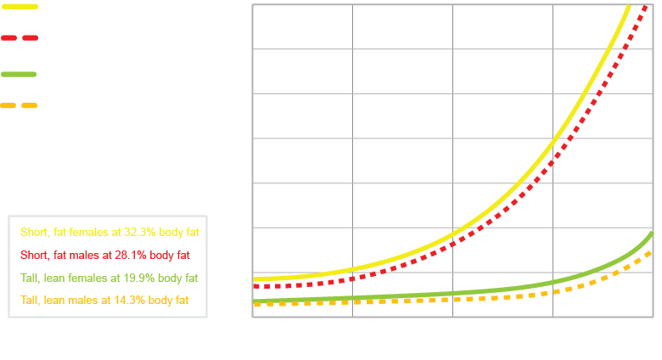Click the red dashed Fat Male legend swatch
(x=18, y=38)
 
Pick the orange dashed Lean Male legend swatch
(x=18, y=106)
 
